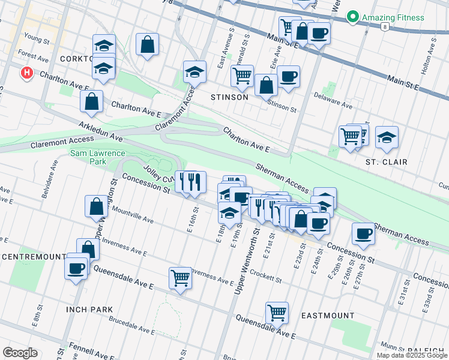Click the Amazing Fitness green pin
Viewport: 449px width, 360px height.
pos(354,17)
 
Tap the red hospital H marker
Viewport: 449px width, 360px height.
pos(27,73)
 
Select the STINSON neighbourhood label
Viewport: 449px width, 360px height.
pos(229,97)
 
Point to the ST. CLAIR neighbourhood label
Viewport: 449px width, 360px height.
pos(387,162)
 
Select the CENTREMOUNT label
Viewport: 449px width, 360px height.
pos(33,257)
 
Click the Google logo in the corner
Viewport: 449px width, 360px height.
pos(20,352)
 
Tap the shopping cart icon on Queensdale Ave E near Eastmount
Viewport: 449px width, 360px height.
pos(277,311)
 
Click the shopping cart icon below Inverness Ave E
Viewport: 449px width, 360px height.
pos(180,277)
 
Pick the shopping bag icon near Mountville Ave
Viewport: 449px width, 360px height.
pos(96,206)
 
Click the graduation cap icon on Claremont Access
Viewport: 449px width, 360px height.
pos(194,71)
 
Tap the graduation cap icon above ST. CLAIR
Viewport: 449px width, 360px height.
pos(387,137)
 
